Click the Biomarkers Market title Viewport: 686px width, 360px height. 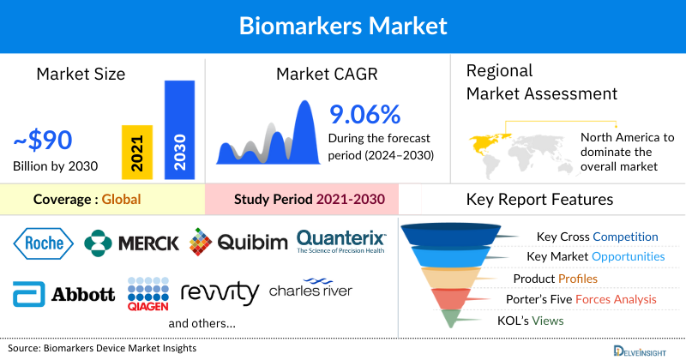(x=343, y=25)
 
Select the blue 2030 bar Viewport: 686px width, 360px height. (x=179, y=129)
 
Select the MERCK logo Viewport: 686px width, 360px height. (x=132, y=243)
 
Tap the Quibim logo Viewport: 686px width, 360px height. (x=238, y=243)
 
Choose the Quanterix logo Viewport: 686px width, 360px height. (x=341, y=241)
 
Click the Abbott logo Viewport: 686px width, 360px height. (x=63, y=293)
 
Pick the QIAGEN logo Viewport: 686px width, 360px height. (x=148, y=293)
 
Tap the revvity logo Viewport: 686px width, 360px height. (x=220, y=293)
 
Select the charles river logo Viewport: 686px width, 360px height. (x=310, y=291)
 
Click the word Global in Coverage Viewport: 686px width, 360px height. (x=121, y=200)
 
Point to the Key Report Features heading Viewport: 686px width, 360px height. (x=539, y=200)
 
